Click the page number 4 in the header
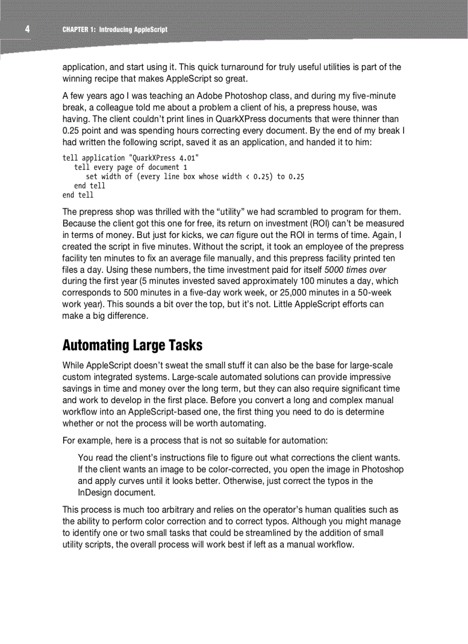(27, 29)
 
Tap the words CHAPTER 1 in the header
(80, 29)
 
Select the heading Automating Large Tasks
(132, 345)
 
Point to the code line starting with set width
(194, 177)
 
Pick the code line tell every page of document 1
(127, 167)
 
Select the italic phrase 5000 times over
(355, 270)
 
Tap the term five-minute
(370, 96)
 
